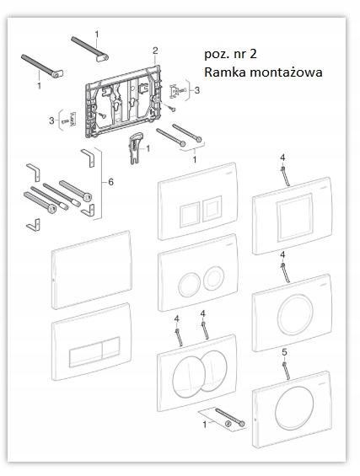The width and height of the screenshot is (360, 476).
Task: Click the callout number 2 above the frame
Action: [155, 51]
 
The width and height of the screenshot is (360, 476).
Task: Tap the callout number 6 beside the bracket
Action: [111, 182]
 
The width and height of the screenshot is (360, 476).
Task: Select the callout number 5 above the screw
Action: [284, 352]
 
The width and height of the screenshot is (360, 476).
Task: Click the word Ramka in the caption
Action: [222, 72]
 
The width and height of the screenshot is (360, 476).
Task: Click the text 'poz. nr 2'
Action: [230, 54]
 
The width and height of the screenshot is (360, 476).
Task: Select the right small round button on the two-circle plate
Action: [214, 277]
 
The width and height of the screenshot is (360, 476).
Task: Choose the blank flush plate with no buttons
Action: [92, 270]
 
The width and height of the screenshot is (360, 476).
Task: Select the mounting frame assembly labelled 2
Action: [125, 100]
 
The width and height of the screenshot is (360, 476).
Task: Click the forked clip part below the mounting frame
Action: [135, 147]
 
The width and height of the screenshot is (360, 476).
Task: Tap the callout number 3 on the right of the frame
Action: [197, 90]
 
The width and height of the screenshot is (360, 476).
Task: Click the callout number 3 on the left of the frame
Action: [51, 120]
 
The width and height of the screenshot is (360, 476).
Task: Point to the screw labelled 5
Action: [286, 372]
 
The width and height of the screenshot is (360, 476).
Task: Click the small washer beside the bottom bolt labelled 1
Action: [228, 424]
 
